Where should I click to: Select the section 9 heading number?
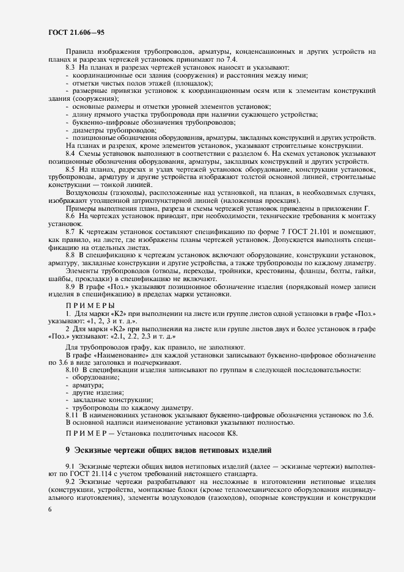pos(68,450)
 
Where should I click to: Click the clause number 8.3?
pos(70,67)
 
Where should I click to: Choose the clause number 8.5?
pos(70,168)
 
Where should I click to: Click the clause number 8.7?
pos(70,233)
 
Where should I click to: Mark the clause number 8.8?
pos(70,255)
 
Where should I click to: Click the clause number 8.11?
pos(72,416)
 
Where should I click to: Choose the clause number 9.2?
pos(70,482)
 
